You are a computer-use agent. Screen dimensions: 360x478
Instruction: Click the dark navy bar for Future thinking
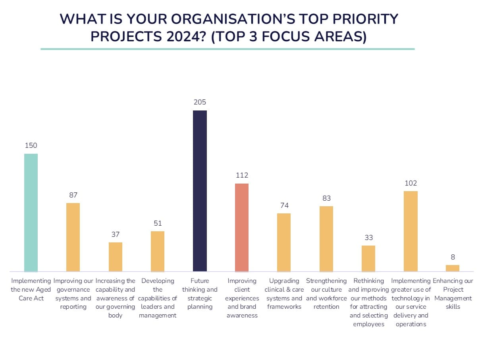coord(200,191)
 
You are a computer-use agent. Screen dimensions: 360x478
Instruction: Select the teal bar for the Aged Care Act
coord(31,213)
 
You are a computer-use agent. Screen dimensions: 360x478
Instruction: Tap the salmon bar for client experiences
coord(242,227)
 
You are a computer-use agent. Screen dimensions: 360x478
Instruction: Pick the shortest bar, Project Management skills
coord(453,268)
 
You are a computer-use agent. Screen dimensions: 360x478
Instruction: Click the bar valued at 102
coord(411,231)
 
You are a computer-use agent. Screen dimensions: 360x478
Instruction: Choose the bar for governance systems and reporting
coord(73,237)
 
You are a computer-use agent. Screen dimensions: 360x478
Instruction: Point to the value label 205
coord(200,103)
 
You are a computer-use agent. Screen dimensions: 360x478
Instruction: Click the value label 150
coord(31,146)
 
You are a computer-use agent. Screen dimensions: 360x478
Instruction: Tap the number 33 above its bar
coord(368,238)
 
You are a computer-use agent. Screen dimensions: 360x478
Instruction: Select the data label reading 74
coord(284,205)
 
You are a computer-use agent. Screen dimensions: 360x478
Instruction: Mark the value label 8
coord(453,257)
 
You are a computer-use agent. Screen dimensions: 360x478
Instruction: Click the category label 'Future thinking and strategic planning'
coord(200,294)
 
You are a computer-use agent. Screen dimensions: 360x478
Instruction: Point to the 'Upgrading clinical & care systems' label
coord(284,294)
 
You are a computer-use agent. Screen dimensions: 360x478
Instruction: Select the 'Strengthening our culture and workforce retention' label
coord(326,294)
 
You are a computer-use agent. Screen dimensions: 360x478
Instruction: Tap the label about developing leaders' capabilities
coord(158,298)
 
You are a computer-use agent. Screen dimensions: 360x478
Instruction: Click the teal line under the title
coord(227,49)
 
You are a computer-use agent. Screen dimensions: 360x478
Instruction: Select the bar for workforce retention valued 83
coord(326,239)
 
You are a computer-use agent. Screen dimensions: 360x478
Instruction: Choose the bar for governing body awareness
coord(116,257)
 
